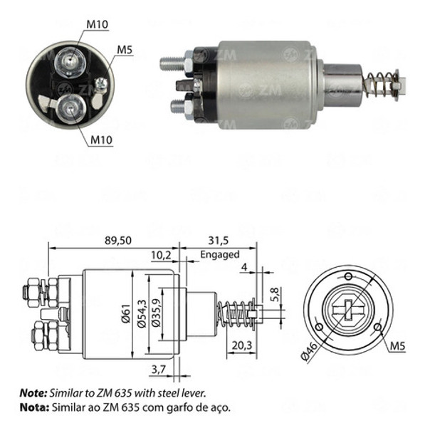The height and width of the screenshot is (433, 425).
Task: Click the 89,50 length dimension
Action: [x=116, y=240]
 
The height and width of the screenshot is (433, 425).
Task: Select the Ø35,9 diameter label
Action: [x=154, y=313]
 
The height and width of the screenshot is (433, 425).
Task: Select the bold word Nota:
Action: [x=32, y=408]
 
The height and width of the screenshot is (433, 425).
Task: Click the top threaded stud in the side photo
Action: [x=172, y=62]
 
